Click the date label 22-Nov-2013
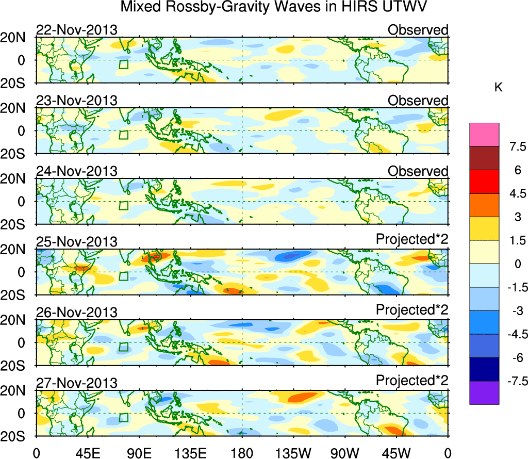click(x=76, y=30)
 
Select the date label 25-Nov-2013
click(x=76, y=241)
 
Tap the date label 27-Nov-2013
click(x=76, y=382)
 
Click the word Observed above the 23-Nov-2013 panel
click(x=418, y=101)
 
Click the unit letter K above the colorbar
click(x=498, y=88)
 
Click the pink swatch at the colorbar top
click(x=484, y=135)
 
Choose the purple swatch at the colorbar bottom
click(x=484, y=393)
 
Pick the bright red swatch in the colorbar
click(x=484, y=182)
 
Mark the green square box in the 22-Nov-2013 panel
click(x=123, y=64)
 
